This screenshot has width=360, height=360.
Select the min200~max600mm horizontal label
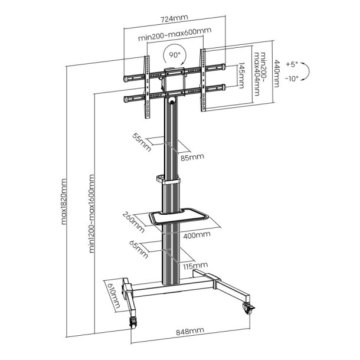tap(175, 37)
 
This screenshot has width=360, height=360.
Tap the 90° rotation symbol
tap(175, 55)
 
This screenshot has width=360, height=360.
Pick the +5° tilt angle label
tap(291, 64)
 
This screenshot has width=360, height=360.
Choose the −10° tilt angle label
tap(291, 78)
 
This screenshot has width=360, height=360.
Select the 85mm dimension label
tap(192, 157)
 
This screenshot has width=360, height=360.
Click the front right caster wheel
tap(247, 306)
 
